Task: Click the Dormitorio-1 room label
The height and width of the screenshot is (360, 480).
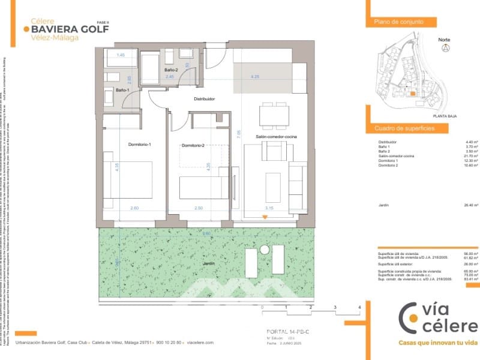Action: coord(140,145)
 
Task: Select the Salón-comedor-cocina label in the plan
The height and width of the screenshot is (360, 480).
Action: coord(277,137)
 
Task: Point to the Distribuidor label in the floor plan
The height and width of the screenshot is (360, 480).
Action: coord(204,98)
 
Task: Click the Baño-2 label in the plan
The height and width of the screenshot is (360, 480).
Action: coord(171,70)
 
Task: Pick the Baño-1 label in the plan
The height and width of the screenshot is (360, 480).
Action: coord(122,90)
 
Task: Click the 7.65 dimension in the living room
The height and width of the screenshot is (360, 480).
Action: coord(239,134)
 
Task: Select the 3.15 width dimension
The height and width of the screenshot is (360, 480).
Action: coord(269,208)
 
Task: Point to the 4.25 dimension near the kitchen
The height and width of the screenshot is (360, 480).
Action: coord(255,77)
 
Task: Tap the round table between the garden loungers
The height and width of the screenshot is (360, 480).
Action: coord(264,249)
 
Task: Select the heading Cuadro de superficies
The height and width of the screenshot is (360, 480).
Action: coord(404,128)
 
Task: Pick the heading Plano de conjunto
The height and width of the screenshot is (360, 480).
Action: coord(399,22)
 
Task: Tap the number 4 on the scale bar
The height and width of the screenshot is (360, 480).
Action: coord(359,307)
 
